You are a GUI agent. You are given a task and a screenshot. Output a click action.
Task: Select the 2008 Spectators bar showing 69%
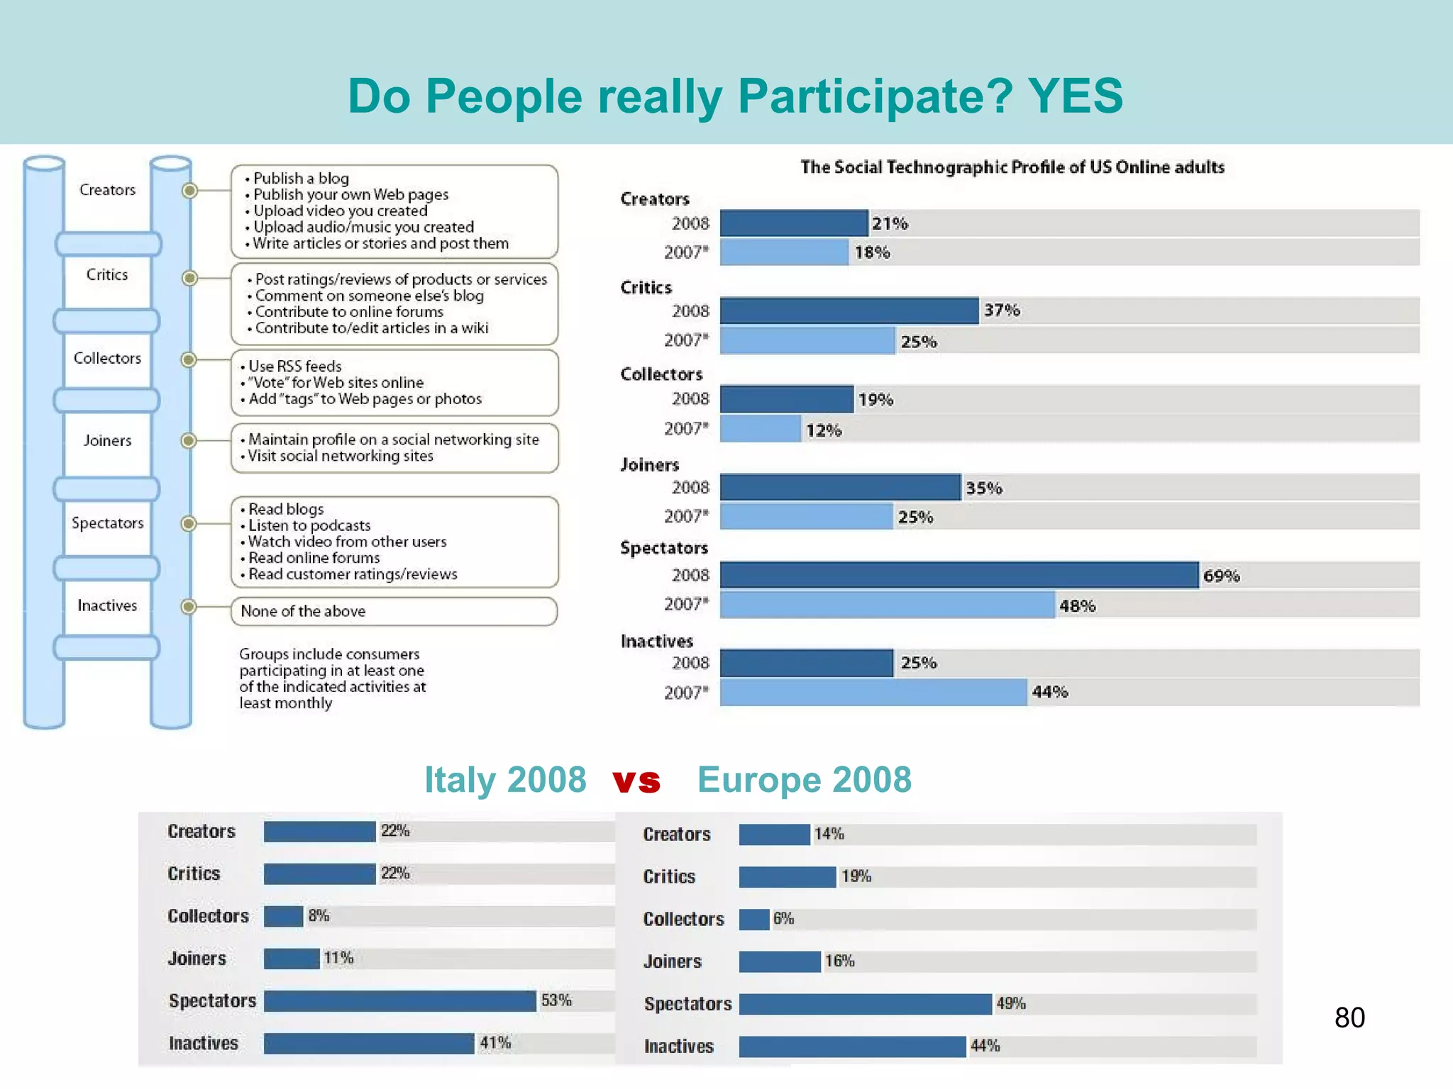pyautogui.click(x=958, y=575)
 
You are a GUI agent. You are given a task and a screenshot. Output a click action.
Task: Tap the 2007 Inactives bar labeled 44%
pyautogui.click(x=873, y=692)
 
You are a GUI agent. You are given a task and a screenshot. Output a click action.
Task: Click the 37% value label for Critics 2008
pyautogui.click(x=1001, y=311)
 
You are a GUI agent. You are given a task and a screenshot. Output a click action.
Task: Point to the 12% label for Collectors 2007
pyautogui.click(x=823, y=430)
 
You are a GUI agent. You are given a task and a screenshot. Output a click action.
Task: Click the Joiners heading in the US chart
pyautogui.click(x=649, y=465)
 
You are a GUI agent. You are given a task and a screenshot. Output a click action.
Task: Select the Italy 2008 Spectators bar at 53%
pyautogui.click(x=399, y=1001)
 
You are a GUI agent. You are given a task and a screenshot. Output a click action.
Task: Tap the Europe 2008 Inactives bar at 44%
pyautogui.click(x=852, y=1046)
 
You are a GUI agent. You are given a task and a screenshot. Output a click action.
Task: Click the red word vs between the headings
pyautogui.click(x=636, y=781)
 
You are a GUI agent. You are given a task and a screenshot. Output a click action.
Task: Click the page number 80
pyautogui.click(x=1349, y=1018)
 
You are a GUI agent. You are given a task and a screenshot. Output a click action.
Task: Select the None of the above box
pyautogui.click(x=394, y=611)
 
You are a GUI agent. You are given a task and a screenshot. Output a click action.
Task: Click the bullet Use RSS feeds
pyautogui.click(x=294, y=367)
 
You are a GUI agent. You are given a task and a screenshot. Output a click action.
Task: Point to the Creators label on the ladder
pyautogui.click(x=107, y=190)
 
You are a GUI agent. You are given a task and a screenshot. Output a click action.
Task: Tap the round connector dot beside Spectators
pyautogui.click(x=188, y=524)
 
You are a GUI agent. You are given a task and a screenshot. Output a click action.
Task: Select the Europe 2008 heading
pyautogui.click(x=804, y=780)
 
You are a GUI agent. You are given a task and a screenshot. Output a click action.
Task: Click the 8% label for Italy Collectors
pyautogui.click(x=319, y=916)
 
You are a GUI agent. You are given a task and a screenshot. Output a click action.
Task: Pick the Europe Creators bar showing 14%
pyautogui.click(x=774, y=834)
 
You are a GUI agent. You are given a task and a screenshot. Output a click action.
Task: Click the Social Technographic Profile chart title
pyautogui.click(x=1012, y=167)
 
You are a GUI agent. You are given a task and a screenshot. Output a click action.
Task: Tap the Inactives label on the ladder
pyautogui.click(x=107, y=605)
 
